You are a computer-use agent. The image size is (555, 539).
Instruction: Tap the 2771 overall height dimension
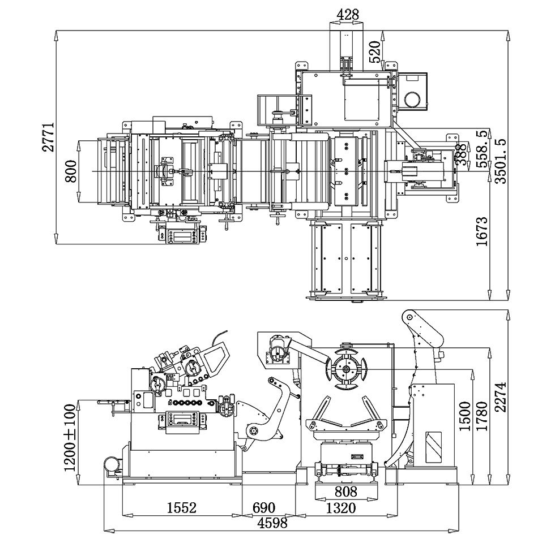coord(50,136)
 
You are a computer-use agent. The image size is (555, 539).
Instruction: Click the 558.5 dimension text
coord(483,149)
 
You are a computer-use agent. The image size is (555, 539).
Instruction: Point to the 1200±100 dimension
coord(70,437)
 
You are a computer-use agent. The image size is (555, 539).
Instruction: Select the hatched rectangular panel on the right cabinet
coord(434,447)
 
